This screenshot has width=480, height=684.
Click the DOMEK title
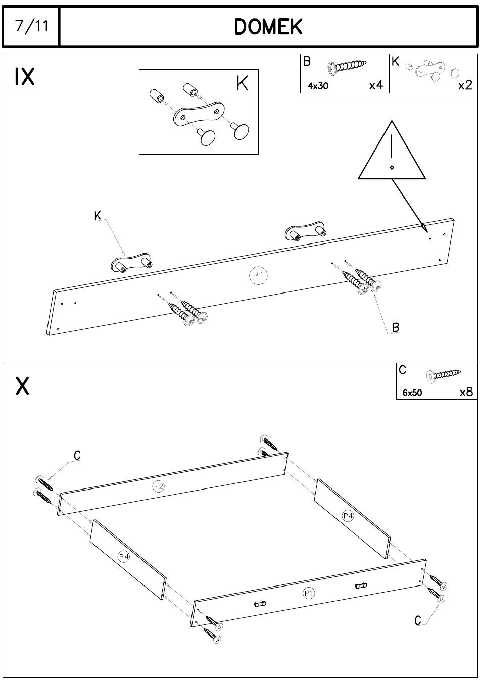point(268,26)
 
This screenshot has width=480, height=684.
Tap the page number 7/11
point(32,26)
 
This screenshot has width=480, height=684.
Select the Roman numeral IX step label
point(24,77)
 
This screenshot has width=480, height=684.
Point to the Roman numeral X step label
point(22,386)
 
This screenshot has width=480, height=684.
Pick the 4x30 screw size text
point(318,86)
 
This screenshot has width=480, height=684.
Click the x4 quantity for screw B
point(376,85)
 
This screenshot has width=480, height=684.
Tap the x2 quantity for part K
point(465,85)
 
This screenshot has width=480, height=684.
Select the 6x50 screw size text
point(412,393)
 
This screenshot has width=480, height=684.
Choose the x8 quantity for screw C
point(466,392)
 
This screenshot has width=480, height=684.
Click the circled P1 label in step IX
point(258,276)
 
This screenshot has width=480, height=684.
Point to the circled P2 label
point(159,486)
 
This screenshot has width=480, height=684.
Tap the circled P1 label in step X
point(308,593)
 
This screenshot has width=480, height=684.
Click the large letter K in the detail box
point(242,83)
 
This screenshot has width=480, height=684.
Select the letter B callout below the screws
point(396,328)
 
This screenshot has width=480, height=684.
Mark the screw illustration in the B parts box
point(347,66)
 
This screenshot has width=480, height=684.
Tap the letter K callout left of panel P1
point(98,216)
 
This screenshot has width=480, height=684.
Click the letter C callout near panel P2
point(77,455)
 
